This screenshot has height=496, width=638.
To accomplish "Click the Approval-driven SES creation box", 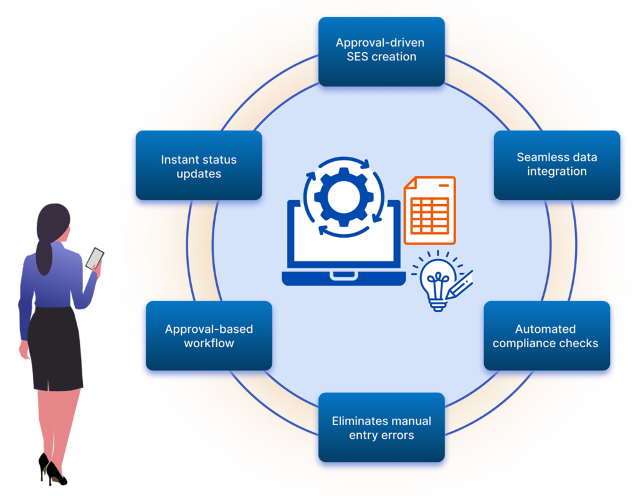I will point(381,50).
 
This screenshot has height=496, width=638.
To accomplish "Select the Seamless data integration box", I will point(557,164).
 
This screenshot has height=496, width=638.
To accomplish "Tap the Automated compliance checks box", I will point(546,336).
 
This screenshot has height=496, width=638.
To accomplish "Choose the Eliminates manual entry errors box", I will point(381,428).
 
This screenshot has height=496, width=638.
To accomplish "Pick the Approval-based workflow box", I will point(209,336).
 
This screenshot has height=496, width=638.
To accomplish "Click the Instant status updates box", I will point(199,166).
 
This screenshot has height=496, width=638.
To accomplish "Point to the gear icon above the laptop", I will point(338,197).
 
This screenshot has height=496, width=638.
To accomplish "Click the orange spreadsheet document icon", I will point(430,210).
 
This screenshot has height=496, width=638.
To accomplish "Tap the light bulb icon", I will point(435,282).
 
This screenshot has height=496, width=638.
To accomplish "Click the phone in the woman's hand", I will point(95,257).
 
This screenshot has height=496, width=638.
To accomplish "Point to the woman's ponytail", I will point(44,252).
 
